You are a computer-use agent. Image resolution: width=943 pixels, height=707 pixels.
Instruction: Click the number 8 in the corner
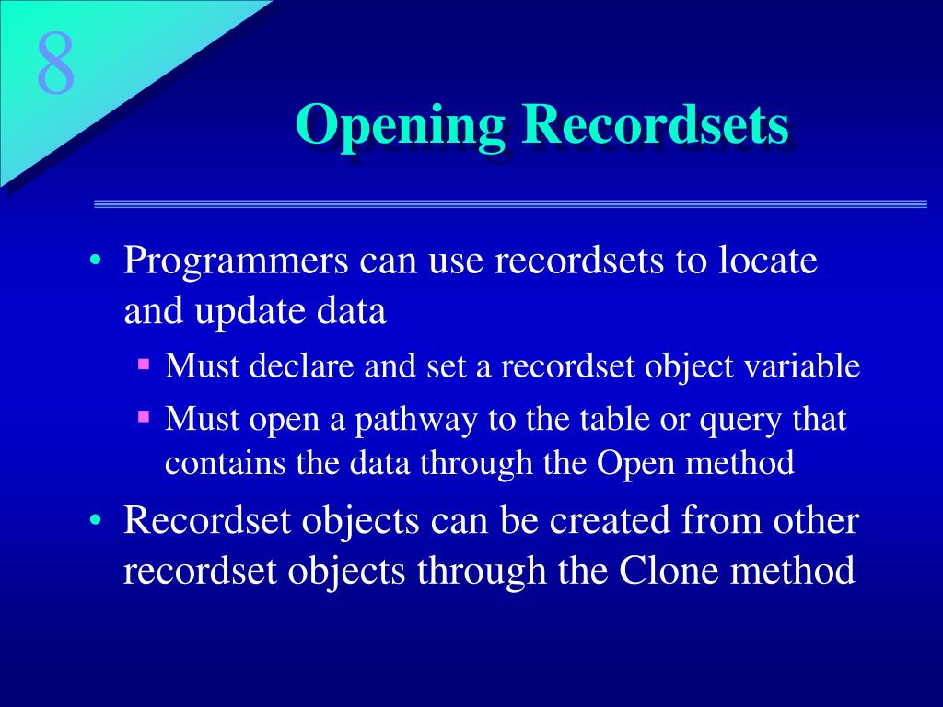(56, 64)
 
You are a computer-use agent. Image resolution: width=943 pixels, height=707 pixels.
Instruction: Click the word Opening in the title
(401, 126)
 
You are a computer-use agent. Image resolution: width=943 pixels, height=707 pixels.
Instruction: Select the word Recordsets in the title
(656, 123)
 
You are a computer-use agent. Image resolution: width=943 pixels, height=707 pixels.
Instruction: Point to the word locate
(768, 260)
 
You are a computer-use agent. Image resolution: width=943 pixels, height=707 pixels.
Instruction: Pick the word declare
(301, 366)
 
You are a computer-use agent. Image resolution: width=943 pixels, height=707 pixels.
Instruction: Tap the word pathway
(415, 420)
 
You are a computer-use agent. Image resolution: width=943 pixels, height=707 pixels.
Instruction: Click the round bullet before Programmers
(95, 261)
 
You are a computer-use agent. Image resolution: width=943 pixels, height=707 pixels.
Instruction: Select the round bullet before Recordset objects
(95, 520)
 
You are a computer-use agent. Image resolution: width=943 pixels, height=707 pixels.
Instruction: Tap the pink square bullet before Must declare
(143, 364)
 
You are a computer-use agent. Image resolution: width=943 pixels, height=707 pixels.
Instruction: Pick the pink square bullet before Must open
(143, 416)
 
